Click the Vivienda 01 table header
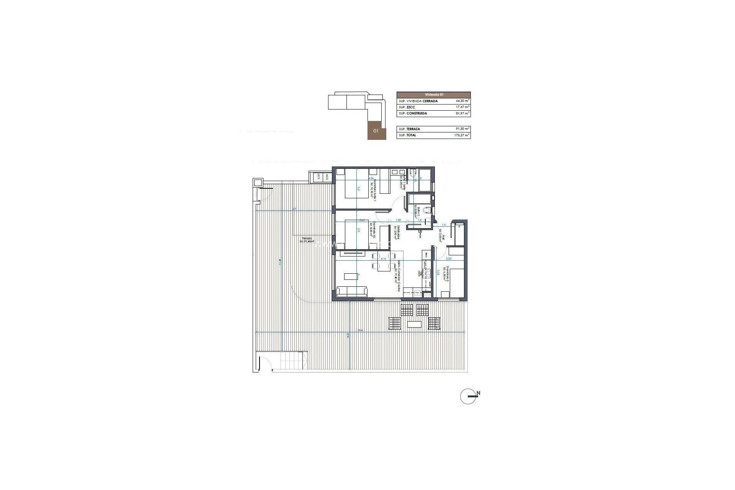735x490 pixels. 433,95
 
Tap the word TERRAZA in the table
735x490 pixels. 413,129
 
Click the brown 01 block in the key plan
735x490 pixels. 376,131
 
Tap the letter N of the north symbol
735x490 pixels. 479,393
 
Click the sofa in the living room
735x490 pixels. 84,292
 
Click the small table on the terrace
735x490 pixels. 415,324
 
